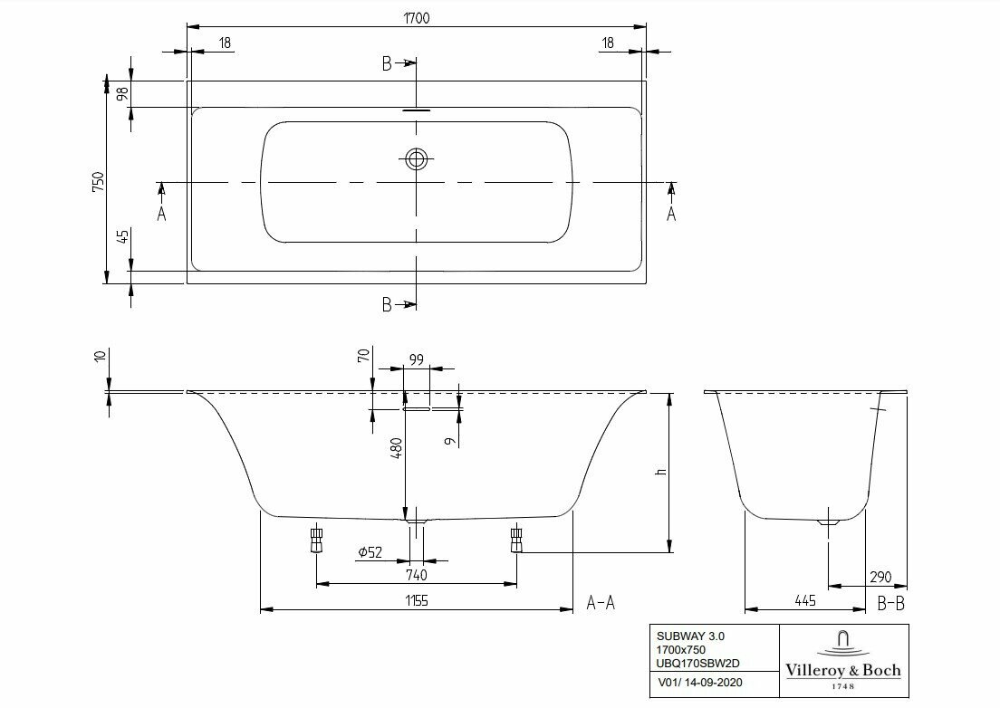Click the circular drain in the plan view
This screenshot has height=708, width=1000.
pyautogui.click(x=416, y=159)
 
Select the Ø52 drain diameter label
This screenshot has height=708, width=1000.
pyautogui.click(x=369, y=552)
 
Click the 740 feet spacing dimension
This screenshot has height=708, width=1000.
pyautogui.click(x=416, y=575)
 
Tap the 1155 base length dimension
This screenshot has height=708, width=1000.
pyautogui.click(x=416, y=600)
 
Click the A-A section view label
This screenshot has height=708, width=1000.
pyautogui.click(x=602, y=601)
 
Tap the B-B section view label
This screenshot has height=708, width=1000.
pyautogui.click(x=891, y=601)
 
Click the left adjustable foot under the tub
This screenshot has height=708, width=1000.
pyautogui.click(x=316, y=541)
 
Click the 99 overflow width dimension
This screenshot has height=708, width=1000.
pyautogui.click(x=416, y=360)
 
